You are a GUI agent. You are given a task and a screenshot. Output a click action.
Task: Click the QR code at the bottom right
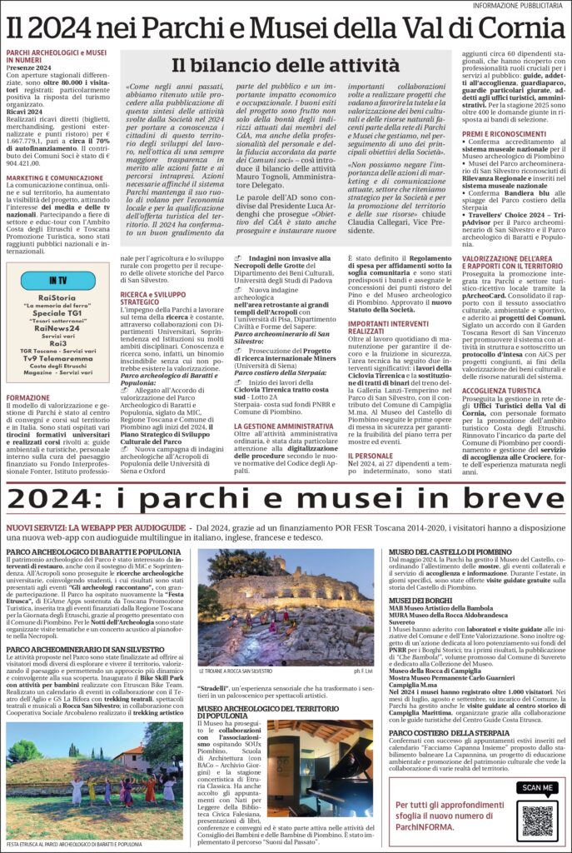(x=538, y=821)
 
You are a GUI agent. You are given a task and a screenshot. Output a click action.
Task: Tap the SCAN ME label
(x=537, y=788)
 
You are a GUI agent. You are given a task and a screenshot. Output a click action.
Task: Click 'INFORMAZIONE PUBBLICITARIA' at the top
(x=520, y=6)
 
